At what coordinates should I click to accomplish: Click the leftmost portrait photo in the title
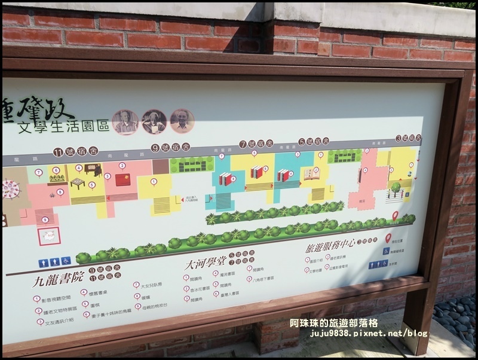[125, 122]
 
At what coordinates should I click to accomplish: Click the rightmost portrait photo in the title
[182, 121]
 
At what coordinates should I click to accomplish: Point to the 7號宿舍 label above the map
[256, 144]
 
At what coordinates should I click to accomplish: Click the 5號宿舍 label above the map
[314, 141]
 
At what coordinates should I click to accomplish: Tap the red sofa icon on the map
[123, 179]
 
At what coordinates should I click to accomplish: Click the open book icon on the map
[311, 173]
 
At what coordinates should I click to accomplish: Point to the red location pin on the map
[395, 215]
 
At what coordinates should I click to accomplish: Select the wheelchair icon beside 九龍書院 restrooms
[66, 261]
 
